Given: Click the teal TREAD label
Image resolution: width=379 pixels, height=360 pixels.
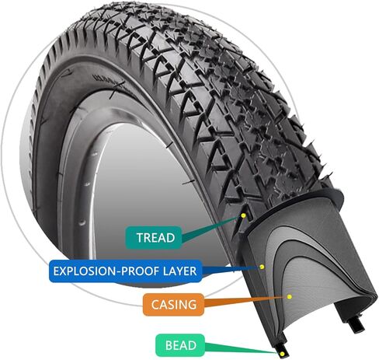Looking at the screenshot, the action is [154, 238].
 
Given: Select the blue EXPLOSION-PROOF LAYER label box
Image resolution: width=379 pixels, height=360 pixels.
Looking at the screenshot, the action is [125, 271].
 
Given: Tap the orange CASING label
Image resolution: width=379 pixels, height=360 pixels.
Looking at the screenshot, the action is [173, 305].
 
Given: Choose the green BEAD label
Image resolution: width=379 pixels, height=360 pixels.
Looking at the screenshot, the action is [180, 345].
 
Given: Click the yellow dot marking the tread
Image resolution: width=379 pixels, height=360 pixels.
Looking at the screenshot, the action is [243, 215].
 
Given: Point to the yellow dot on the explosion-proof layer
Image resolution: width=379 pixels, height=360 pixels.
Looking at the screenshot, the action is [262, 267].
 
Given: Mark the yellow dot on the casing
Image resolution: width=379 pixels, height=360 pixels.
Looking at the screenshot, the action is [290, 296].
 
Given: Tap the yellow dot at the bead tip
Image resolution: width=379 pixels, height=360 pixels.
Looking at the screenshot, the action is [282, 354].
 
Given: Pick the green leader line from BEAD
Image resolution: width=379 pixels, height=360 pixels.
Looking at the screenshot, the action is [242, 348].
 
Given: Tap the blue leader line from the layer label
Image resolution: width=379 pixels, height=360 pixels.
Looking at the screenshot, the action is [231, 270].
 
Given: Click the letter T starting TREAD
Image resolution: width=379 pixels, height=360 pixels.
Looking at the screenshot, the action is [141, 238].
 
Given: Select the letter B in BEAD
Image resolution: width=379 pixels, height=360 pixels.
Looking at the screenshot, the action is [169, 345].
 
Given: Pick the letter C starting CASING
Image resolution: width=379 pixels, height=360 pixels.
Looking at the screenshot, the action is [155, 305].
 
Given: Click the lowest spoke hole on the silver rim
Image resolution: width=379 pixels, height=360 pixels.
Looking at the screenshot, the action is [82, 222].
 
